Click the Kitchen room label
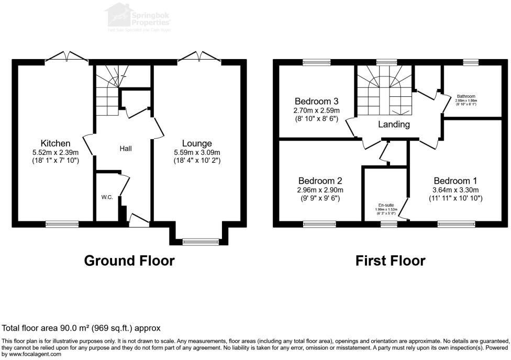click(x=55, y=143)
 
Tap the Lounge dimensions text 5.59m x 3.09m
click(x=197, y=152)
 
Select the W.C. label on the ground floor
click(x=107, y=198)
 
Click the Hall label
click(x=126, y=149)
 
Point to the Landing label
click(x=394, y=125)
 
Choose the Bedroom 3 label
click(x=317, y=101)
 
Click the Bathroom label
click(x=466, y=96)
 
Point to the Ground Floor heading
click(x=129, y=260)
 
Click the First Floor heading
click(x=391, y=260)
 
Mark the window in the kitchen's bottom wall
click(x=62, y=224)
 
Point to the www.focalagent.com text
click(x=35, y=354)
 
